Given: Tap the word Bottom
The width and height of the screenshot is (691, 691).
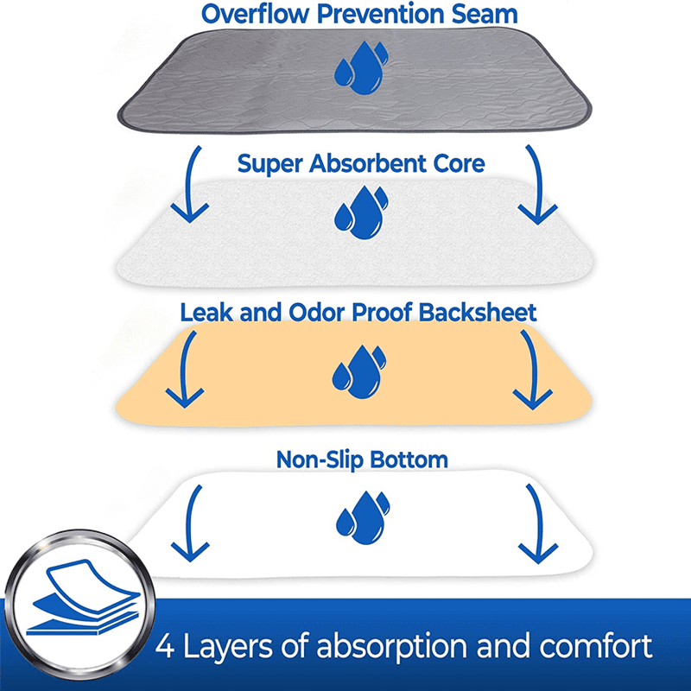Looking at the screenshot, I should pyautogui.click(x=409, y=459).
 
